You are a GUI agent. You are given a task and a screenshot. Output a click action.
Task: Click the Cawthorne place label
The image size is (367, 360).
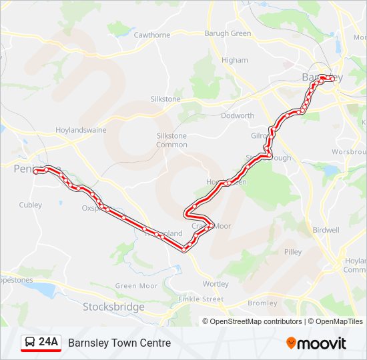click(152, 35)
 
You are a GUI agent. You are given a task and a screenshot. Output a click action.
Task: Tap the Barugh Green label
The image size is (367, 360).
click(228, 33)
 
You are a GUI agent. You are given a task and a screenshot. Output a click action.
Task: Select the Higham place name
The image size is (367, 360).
click(234, 60)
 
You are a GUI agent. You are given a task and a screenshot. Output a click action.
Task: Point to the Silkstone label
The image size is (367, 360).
click(165, 99)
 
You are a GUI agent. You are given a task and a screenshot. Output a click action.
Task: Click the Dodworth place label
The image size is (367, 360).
click(238, 115)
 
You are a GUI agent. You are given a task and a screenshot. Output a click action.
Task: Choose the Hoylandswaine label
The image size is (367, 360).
click(81, 130)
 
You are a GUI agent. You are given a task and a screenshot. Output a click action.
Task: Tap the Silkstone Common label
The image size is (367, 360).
click(171, 140)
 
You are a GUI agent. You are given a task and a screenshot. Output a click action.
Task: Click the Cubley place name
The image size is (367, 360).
click(31, 205)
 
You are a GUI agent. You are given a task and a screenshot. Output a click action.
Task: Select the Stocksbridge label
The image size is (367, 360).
click(113, 307)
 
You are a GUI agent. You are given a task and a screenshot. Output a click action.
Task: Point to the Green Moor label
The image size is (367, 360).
click(136, 286)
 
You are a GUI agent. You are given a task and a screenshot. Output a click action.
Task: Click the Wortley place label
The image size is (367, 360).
click(216, 284)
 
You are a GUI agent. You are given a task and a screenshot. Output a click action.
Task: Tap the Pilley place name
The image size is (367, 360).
click(292, 252)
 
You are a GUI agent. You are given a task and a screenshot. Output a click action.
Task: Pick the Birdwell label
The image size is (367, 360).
click(326, 230)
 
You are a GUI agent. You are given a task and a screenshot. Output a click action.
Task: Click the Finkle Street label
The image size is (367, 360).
click(202, 299)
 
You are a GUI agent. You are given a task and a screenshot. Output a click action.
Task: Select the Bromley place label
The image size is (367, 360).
click(262, 303)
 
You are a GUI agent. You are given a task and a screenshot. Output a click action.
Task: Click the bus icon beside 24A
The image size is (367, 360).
click(30, 343)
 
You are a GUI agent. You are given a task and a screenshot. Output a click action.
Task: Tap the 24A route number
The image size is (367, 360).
click(49, 343)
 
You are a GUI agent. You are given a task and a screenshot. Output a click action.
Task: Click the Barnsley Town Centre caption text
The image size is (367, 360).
click(119, 343)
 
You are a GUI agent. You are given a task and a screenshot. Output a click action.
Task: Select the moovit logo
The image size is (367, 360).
click(316, 343)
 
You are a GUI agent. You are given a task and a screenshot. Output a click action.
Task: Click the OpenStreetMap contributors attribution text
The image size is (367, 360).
click(256, 321)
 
